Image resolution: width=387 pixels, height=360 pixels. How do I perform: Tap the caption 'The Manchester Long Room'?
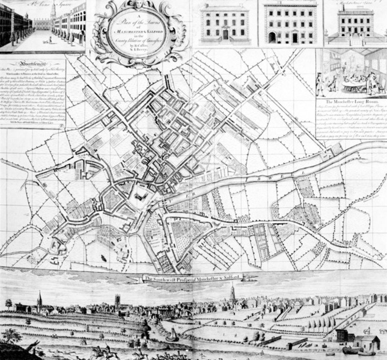pos(351,102)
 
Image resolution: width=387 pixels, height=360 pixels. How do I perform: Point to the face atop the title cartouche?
pos(139,4)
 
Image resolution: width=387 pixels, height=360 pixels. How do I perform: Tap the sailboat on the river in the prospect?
pos(172,334)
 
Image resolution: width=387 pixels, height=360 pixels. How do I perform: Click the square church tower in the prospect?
pos(118,301)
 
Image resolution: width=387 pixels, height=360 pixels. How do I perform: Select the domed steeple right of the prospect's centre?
pos(232,293)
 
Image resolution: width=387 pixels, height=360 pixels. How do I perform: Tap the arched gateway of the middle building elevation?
pos(272,37)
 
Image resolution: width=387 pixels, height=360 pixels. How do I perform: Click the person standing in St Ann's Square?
pos(50,39)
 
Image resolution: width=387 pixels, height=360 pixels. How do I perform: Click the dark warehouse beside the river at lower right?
pos(342,335)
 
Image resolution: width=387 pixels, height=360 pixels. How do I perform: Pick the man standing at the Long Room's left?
pos(320,84)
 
